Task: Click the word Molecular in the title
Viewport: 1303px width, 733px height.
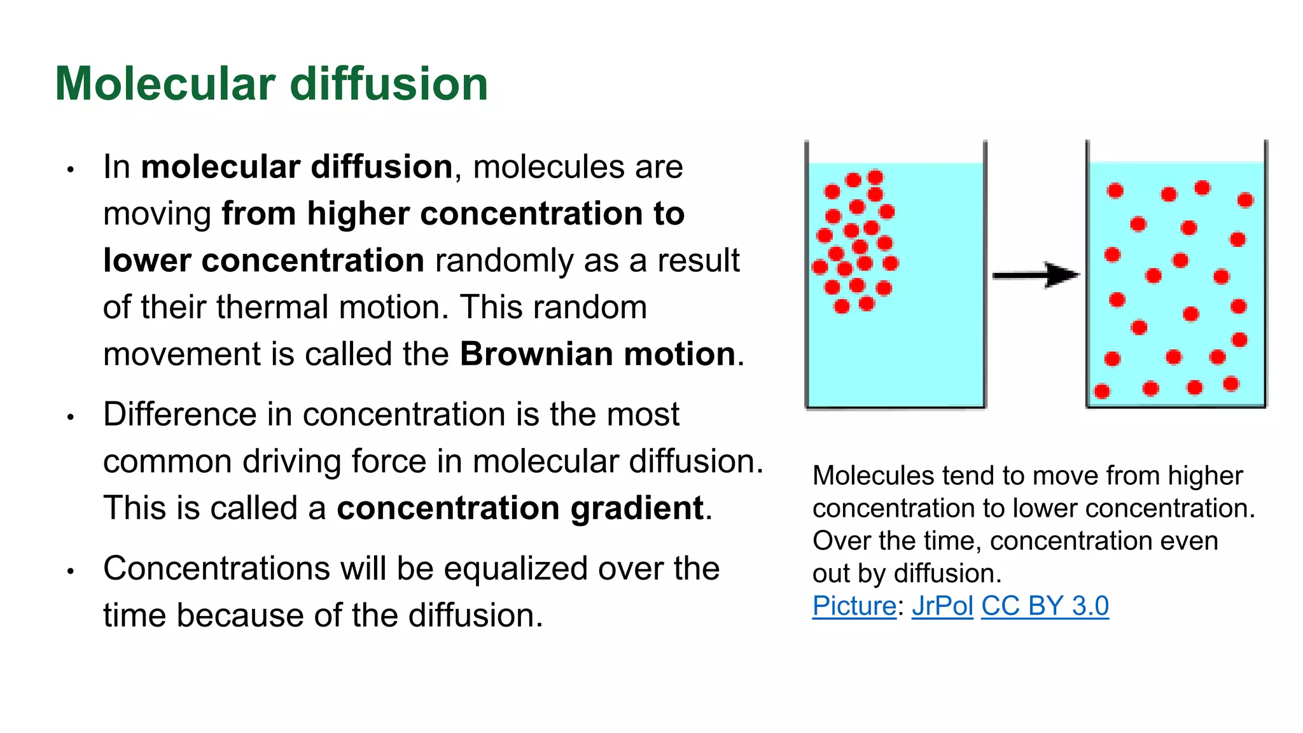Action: (165, 84)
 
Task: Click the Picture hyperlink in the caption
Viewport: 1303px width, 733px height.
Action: (854, 606)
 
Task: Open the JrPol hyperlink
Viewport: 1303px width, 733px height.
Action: (942, 606)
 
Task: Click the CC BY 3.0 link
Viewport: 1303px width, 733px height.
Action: (1045, 606)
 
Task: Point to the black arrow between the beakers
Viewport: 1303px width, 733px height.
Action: (1036, 276)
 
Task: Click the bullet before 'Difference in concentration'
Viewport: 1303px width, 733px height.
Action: (71, 417)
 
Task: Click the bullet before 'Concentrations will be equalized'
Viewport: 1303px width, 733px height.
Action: (71, 571)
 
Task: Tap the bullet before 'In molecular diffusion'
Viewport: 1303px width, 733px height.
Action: (71, 170)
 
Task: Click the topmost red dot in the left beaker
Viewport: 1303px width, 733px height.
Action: (875, 177)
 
